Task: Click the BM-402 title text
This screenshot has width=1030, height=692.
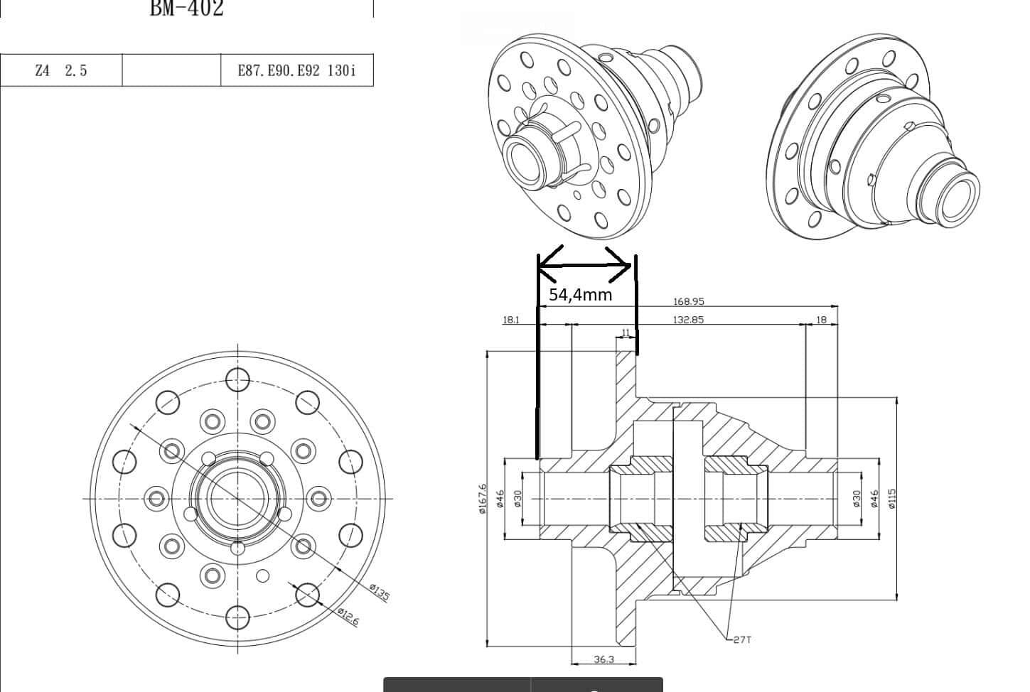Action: (x=186, y=9)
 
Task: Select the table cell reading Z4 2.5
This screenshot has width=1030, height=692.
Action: (x=61, y=70)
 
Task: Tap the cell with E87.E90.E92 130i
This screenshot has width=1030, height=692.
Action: (x=296, y=70)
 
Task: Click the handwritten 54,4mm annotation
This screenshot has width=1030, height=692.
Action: (x=580, y=294)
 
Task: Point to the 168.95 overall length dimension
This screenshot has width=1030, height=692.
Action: (x=688, y=301)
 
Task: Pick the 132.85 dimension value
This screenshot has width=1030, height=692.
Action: (x=688, y=320)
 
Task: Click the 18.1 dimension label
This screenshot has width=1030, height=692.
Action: (x=511, y=320)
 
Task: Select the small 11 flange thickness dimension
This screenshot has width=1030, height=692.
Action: (x=626, y=333)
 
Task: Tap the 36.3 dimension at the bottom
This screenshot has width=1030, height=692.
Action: (x=603, y=659)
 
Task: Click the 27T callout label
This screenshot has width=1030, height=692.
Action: (x=741, y=639)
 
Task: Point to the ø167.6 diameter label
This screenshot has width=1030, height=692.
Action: (x=483, y=499)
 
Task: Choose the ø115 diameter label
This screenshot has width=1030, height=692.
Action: (x=893, y=497)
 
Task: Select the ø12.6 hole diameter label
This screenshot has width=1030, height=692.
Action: (x=348, y=616)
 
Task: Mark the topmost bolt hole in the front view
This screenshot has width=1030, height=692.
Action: (x=237, y=379)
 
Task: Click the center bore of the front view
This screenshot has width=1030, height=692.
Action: (x=237, y=497)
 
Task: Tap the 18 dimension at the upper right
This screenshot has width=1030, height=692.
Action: (x=821, y=320)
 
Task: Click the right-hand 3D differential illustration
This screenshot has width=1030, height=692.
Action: (x=873, y=139)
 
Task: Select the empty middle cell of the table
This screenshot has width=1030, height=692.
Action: (x=171, y=70)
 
